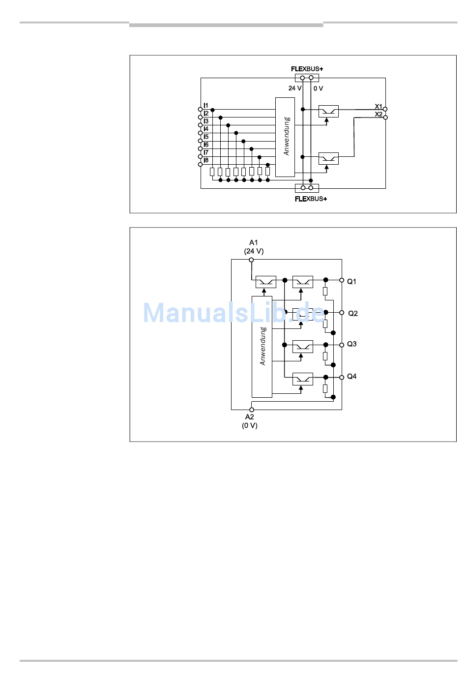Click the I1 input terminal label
[206, 105]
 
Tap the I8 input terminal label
[206, 160]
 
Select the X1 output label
[379, 107]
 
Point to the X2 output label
[379, 114]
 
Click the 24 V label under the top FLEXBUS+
[295, 88]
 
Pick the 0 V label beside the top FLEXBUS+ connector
[318, 88]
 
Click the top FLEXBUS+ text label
[307, 69]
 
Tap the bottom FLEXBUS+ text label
[311, 199]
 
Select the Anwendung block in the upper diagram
[285, 137]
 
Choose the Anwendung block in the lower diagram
[262, 347]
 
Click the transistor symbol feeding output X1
[328, 111]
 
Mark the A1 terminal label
[253, 242]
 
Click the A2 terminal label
[249, 417]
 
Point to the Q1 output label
[351, 282]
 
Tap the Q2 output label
[353, 313]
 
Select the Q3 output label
[351, 344]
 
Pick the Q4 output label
[351, 376]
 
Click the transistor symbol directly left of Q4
[303, 379]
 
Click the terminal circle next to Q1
[342, 280]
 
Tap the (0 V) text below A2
[250, 426]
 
